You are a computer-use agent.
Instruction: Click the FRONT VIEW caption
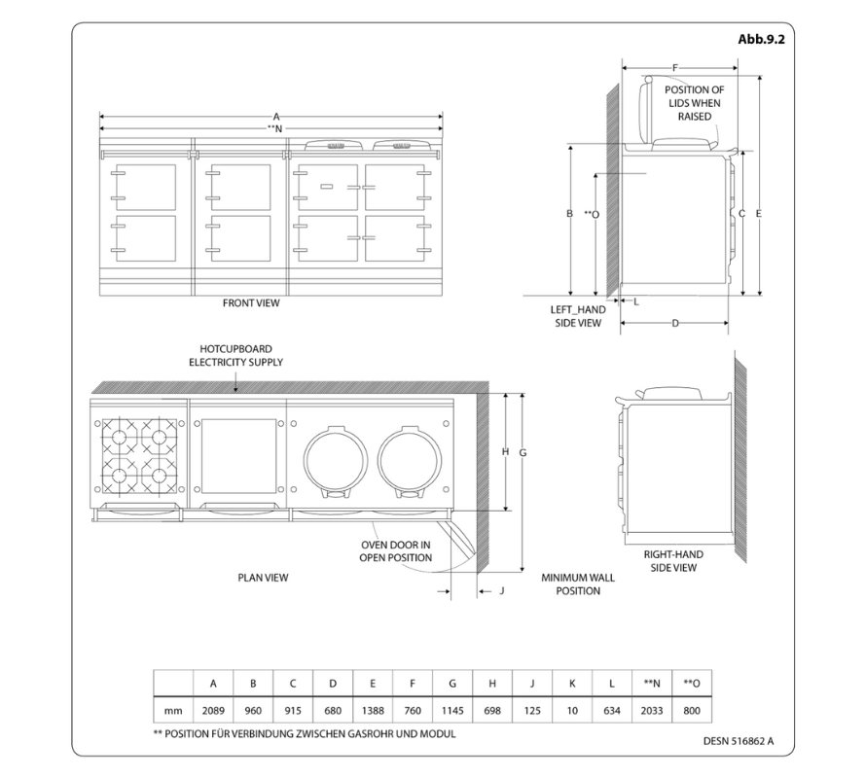251,303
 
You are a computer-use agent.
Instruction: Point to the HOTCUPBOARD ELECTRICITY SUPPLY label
235,355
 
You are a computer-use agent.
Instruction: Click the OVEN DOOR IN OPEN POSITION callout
396,551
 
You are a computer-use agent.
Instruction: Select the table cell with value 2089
213,711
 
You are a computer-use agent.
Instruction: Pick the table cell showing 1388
373,711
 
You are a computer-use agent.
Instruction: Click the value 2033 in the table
652,711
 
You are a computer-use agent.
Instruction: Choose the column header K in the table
572,683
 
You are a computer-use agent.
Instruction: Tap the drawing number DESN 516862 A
739,740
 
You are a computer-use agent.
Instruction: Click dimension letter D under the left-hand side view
675,323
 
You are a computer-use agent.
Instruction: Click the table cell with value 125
532,711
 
